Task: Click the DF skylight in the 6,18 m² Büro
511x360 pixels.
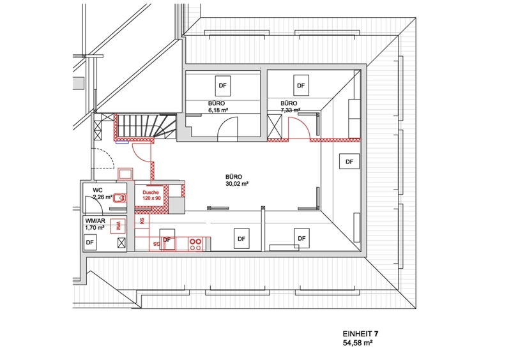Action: (x=222, y=86)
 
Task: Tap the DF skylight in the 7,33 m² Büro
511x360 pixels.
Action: (x=301, y=86)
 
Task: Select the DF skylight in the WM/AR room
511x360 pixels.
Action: (x=89, y=243)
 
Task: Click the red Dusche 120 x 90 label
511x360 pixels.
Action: (x=151, y=195)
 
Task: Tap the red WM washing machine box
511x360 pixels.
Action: (x=118, y=225)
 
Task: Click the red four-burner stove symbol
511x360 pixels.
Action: (x=195, y=244)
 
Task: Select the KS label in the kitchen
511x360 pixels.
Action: (x=142, y=221)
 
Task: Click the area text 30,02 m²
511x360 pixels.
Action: (x=237, y=184)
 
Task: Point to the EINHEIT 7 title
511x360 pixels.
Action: (x=360, y=334)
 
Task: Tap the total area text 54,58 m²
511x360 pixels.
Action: (x=358, y=343)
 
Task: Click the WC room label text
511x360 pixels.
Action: (x=98, y=190)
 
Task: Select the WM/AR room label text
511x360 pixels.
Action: (x=95, y=221)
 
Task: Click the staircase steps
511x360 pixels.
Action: (x=145, y=126)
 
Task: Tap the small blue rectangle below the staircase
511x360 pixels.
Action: (x=123, y=142)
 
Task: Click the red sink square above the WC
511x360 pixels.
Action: (x=125, y=174)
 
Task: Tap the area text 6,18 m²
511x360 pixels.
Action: (x=218, y=110)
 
